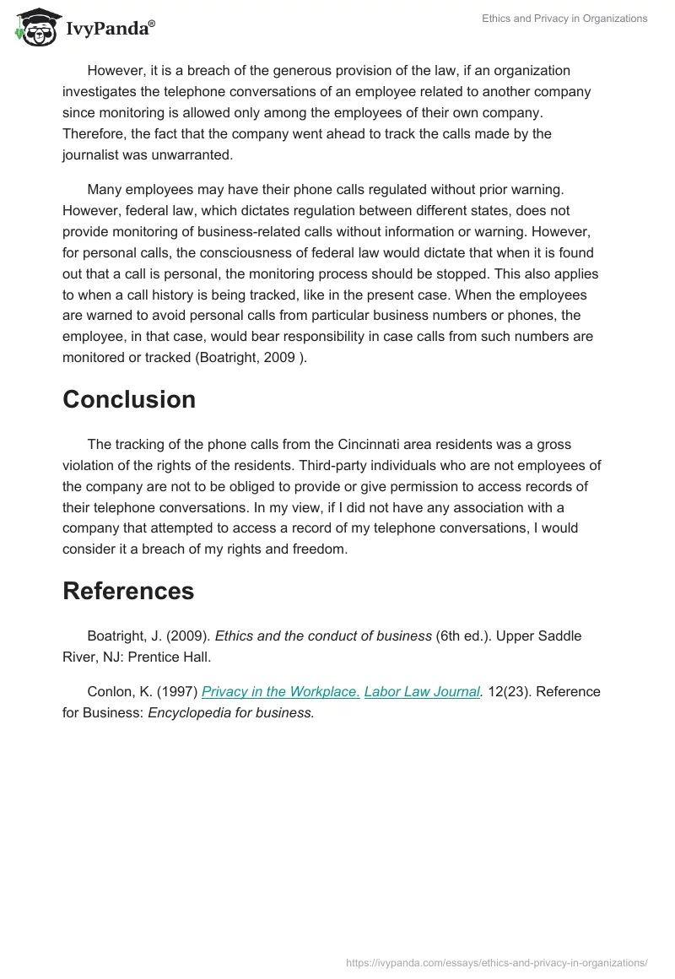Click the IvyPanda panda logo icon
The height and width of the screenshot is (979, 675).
[35, 26]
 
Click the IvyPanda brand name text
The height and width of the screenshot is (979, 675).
[110, 29]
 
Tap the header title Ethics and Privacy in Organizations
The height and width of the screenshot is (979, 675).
[564, 19]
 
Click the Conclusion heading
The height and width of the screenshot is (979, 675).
[129, 399]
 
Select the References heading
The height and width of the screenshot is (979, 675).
[128, 591]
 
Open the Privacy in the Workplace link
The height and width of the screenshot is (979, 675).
[281, 691]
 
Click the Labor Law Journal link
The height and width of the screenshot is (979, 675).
[422, 691]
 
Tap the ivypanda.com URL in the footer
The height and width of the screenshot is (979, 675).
[497, 961]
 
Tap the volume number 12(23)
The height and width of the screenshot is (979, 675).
[507, 691]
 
